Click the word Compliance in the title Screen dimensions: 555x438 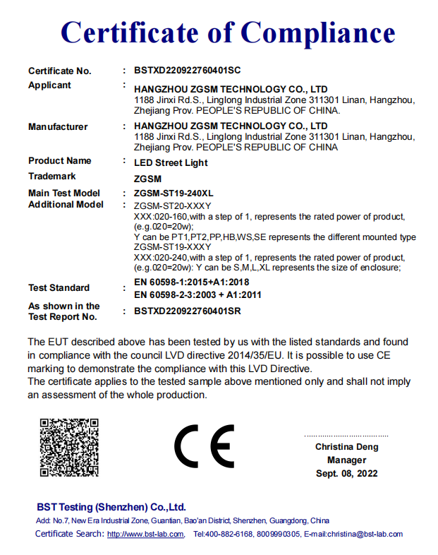[x=319, y=32]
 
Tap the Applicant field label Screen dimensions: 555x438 [x=49, y=85]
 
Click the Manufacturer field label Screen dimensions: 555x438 [x=58, y=127]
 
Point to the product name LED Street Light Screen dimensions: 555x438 [x=171, y=162]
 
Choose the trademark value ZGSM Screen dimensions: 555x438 [x=147, y=179]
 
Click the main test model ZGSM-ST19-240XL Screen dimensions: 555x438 [x=174, y=193]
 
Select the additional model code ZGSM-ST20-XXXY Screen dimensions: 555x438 [x=167, y=205]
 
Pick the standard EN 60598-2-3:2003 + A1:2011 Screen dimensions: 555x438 [x=197, y=295]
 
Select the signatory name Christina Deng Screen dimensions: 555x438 [x=346, y=447]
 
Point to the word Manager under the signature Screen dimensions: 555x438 [x=346, y=460]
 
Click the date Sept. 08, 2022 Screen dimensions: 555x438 [x=346, y=473]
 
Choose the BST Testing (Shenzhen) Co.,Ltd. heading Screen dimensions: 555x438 [x=111, y=507]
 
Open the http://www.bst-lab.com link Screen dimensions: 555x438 [x=145, y=535]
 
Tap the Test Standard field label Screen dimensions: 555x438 [x=59, y=288]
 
